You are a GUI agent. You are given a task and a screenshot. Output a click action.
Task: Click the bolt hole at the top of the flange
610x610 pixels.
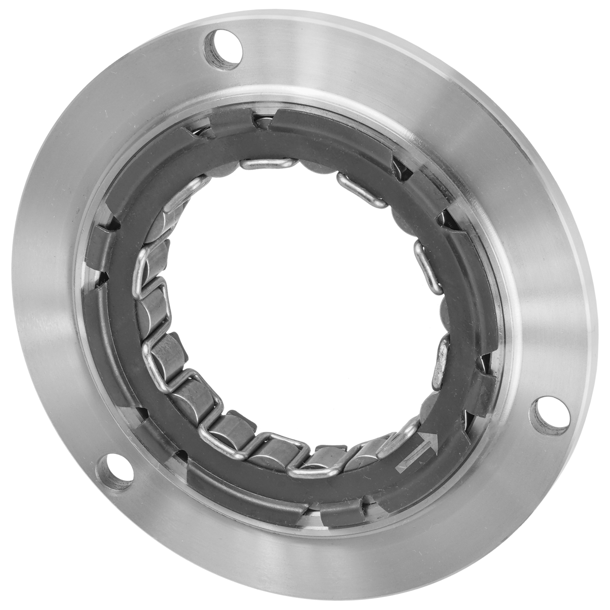(223, 49)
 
